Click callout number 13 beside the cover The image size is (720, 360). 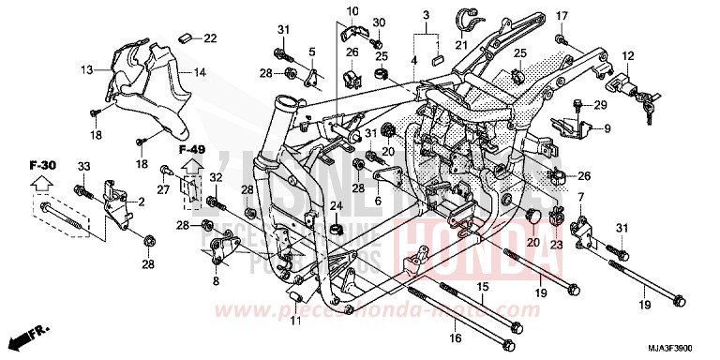pos(87,69)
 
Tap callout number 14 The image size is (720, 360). pos(200,71)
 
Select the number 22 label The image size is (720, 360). pos(209,37)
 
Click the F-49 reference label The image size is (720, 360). pos(191,149)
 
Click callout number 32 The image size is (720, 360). pos(216,177)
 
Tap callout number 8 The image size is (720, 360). pos(216,280)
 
